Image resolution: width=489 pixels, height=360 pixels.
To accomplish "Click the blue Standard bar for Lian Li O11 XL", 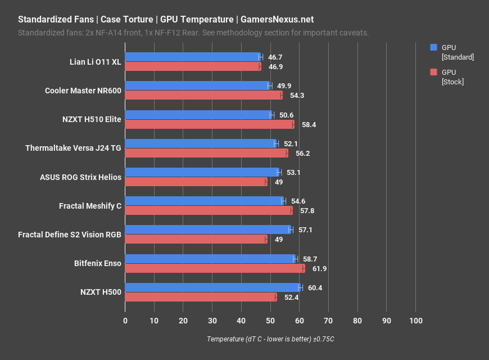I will click(192, 57).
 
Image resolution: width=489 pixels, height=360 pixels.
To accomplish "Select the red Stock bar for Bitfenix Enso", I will click(214, 268).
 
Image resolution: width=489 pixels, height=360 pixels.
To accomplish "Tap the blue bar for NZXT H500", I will click(212, 287).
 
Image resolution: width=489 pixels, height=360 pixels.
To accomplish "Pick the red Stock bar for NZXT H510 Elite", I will click(209, 124).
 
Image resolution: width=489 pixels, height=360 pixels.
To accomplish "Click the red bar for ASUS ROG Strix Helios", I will click(196, 182).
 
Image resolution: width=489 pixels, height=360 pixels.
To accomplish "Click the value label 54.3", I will click(296, 96).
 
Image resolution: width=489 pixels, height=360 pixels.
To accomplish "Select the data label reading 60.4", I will click(315, 287).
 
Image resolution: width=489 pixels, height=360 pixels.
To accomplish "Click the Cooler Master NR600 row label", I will click(83, 91).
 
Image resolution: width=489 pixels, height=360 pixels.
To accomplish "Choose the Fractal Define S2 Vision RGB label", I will click(69, 235).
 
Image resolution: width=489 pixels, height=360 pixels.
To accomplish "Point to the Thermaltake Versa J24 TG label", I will click(73, 148).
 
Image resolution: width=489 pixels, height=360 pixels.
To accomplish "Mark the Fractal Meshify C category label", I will click(90, 206).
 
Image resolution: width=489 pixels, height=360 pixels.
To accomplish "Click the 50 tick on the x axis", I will click(270, 320).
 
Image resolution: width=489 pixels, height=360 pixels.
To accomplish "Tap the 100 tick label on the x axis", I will click(415, 320).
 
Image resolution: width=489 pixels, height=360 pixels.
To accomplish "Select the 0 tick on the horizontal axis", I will click(125, 320).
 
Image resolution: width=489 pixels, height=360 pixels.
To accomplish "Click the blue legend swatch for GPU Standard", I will click(433, 47).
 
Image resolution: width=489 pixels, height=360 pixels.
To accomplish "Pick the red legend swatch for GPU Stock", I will click(433, 72).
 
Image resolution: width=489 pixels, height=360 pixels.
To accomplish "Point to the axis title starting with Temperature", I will click(270, 339).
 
